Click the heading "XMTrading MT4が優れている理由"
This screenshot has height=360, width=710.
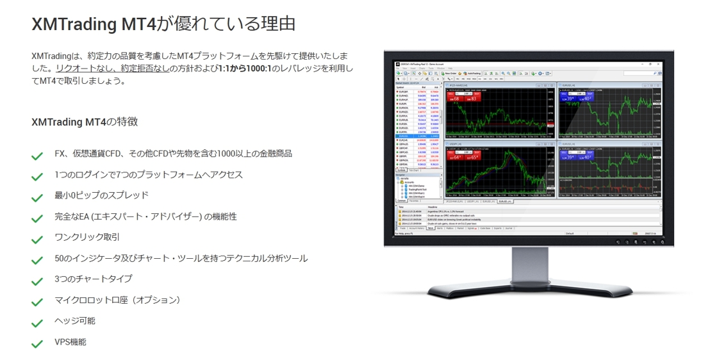163,24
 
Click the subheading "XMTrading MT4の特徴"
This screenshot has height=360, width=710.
85,122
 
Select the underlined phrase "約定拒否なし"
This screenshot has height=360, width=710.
146,68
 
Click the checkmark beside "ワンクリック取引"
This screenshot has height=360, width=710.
37,240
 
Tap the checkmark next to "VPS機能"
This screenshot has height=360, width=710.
37,344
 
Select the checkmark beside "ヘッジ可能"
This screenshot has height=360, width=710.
37,323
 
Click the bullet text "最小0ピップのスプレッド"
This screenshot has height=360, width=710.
101,195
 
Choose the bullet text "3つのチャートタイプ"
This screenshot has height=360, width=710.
94,279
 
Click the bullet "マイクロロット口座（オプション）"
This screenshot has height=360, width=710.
118,300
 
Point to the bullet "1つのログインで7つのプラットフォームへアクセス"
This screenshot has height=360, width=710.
149,175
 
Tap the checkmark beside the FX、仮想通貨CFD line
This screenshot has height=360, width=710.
37,156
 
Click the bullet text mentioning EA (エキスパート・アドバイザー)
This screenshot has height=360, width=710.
145,217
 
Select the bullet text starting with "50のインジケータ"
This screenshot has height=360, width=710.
181,258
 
